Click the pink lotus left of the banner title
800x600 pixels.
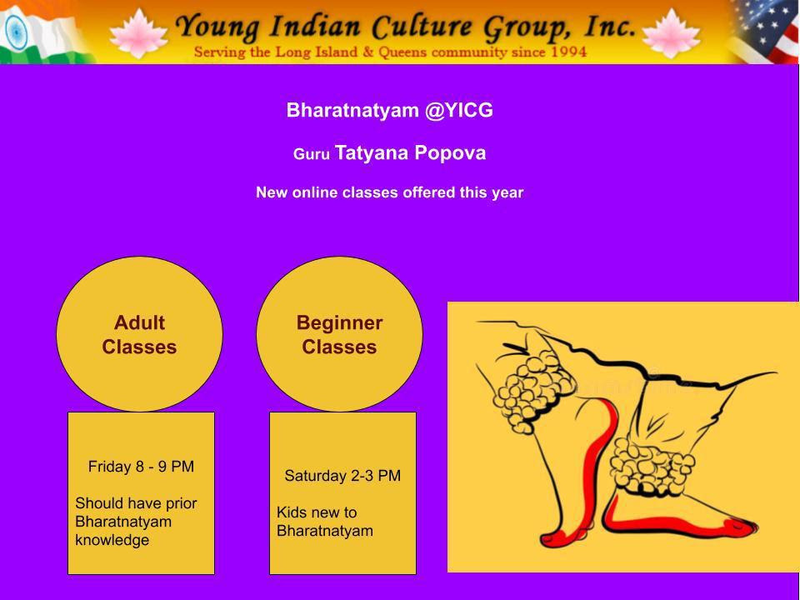pos(138,33)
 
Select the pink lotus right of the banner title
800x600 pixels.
pos(671,33)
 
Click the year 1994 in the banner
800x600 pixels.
pos(568,52)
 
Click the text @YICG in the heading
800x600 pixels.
pos(459,110)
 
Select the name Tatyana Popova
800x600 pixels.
pos(410,153)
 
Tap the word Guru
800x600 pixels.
pos(311,154)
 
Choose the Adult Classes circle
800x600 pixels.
pos(139,334)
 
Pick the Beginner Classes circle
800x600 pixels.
pos(339,334)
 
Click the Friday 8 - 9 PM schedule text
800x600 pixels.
pos(141,467)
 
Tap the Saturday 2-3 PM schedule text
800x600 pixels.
pos(342,476)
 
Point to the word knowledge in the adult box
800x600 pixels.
pos(112,540)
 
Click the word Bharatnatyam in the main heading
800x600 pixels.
pos(352,110)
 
